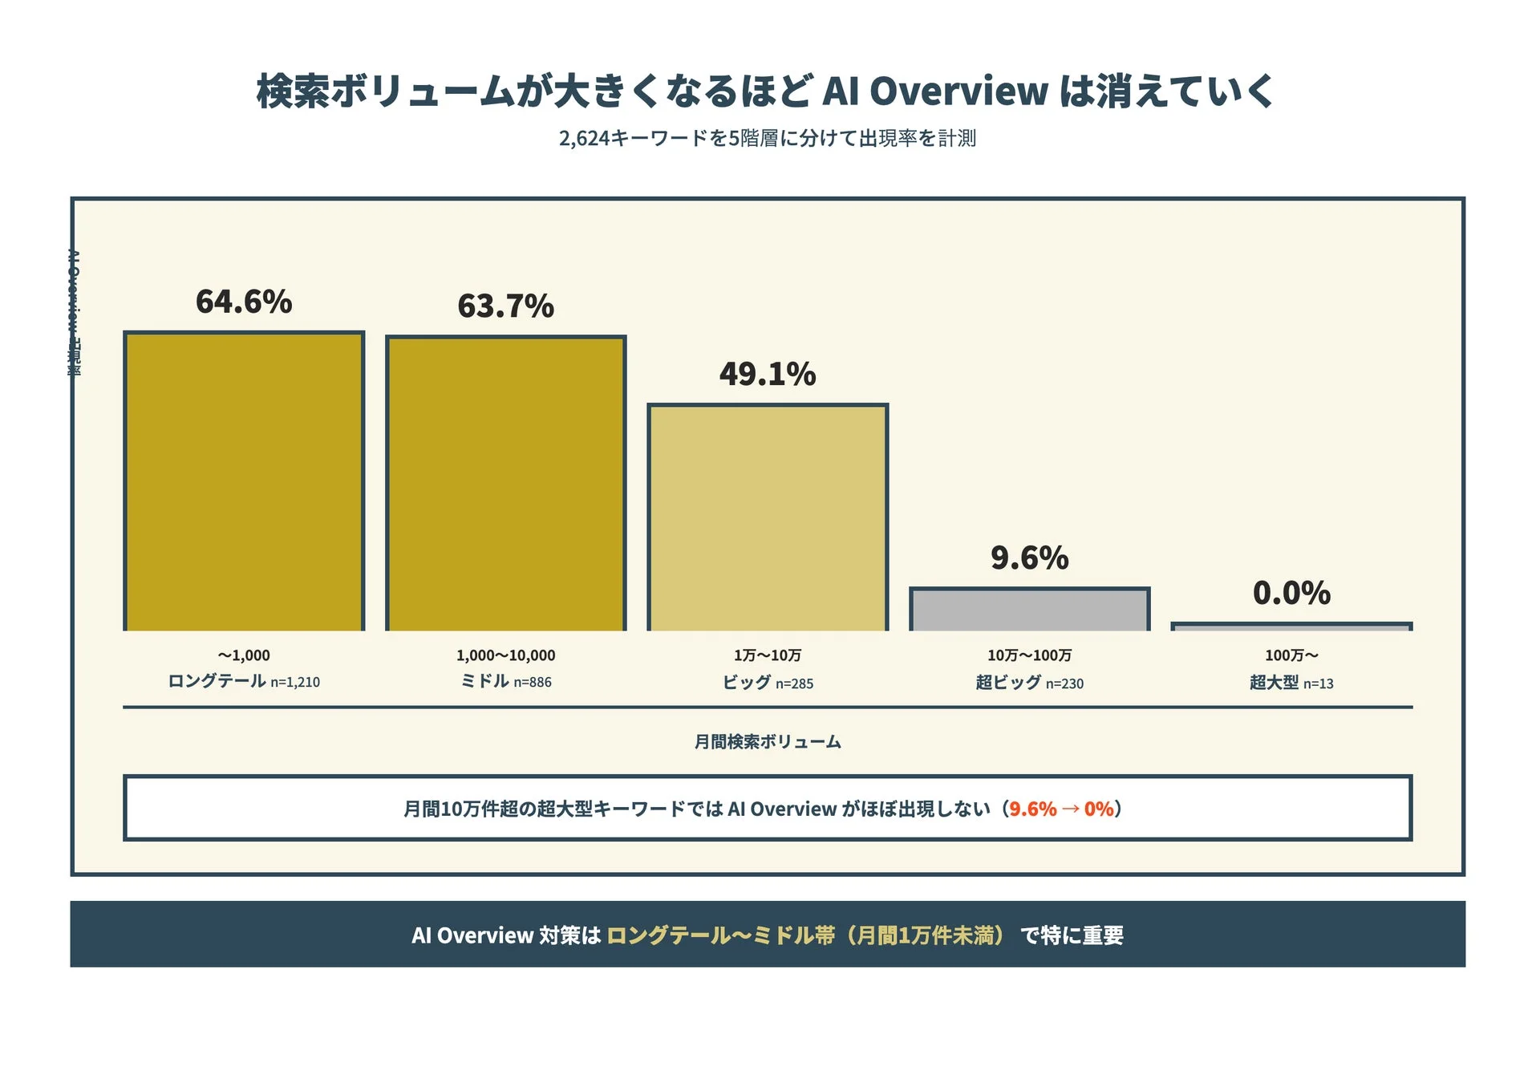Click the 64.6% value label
[x=244, y=302]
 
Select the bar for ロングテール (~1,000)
[x=244, y=481]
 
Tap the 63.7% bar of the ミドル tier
[x=505, y=484]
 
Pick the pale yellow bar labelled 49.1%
[x=768, y=517]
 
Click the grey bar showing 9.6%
[x=1029, y=610]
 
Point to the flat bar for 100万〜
[x=1291, y=627]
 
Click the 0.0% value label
[x=1291, y=593]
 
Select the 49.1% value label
[x=768, y=374]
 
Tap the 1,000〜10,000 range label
[x=505, y=655]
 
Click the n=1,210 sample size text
[x=295, y=683]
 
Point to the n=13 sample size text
[x=1318, y=683]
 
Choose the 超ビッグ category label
[x=1008, y=682]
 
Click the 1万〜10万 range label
[x=768, y=655]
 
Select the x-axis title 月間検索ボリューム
[x=768, y=741]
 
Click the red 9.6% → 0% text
[x=1061, y=809]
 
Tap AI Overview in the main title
[x=935, y=91]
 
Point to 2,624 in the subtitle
[x=584, y=139]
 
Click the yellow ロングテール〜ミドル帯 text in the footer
[x=720, y=935]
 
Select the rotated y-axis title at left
[x=74, y=313]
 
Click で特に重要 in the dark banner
[x=1072, y=935]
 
